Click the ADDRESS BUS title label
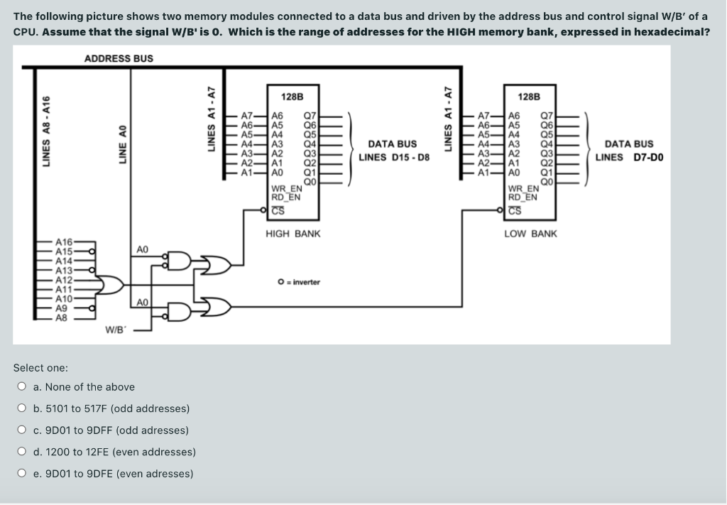(119, 58)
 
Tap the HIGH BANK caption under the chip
(293, 234)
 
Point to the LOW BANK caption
(530, 234)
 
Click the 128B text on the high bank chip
(292, 96)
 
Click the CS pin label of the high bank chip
(278, 209)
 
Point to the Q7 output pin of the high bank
(310, 115)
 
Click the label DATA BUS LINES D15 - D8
(393, 151)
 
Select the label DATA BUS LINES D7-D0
(629, 151)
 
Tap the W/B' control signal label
(116, 330)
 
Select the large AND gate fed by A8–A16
(111, 285)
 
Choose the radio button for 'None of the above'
(23, 387)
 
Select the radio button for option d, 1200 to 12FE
(23, 452)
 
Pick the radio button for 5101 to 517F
(23, 408)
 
